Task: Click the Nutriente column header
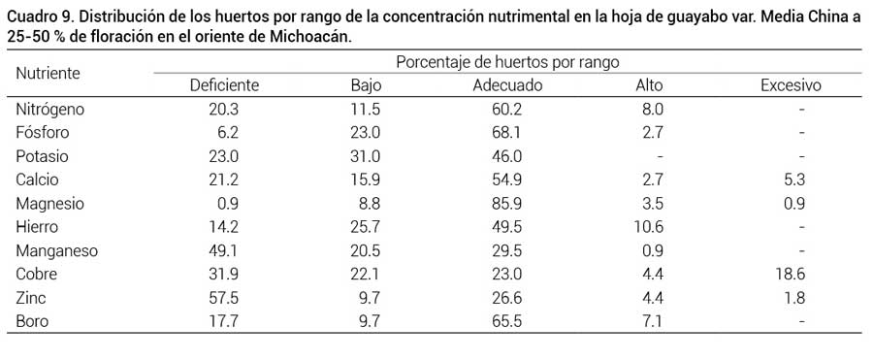48,73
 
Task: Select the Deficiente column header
224,85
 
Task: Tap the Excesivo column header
791,85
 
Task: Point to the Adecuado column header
507,85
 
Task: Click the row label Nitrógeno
50,109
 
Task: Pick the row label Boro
32,322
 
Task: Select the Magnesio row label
50,204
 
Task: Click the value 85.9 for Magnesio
507,204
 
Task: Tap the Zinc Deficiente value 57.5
224,299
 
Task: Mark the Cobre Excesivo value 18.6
791,275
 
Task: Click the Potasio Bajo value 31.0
366,156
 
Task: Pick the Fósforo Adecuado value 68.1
507,133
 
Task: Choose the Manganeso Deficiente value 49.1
224,251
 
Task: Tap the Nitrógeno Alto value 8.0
652,109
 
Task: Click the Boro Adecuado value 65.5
507,322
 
